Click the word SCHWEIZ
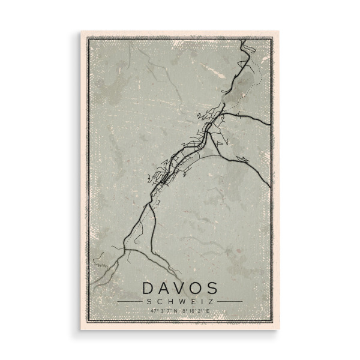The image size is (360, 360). click(x=180, y=301)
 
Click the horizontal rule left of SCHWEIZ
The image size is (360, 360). click(x=130, y=301)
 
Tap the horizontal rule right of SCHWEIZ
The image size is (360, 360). click(x=230, y=301)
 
